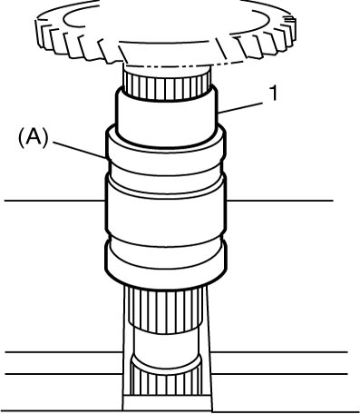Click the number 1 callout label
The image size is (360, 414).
[x=274, y=93]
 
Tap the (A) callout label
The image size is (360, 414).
[x=34, y=139]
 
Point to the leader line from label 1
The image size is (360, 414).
[x=240, y=108]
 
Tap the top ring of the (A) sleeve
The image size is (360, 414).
[x=165, y=144]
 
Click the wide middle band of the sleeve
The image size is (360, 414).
[x=165, y=209]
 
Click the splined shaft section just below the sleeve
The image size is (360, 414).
[x=165, y=309]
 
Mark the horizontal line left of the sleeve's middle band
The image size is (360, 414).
[x=54, y=201]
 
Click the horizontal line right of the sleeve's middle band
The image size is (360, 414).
[x=279, y=201]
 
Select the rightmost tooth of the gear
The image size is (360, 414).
[x=290, y=29]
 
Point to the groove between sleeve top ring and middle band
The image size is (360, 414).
[x=165, y=170]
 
